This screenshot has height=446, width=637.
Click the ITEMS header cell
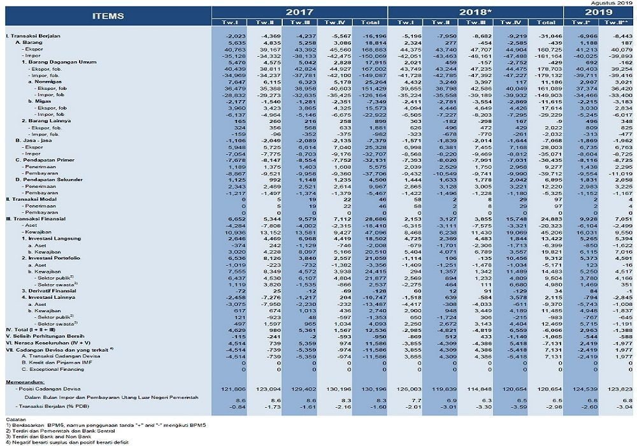point(108,15)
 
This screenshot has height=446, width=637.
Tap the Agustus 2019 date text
point(610,3)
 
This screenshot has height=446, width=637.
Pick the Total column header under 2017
point(370,22)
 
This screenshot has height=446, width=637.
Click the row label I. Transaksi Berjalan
point(33,36)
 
